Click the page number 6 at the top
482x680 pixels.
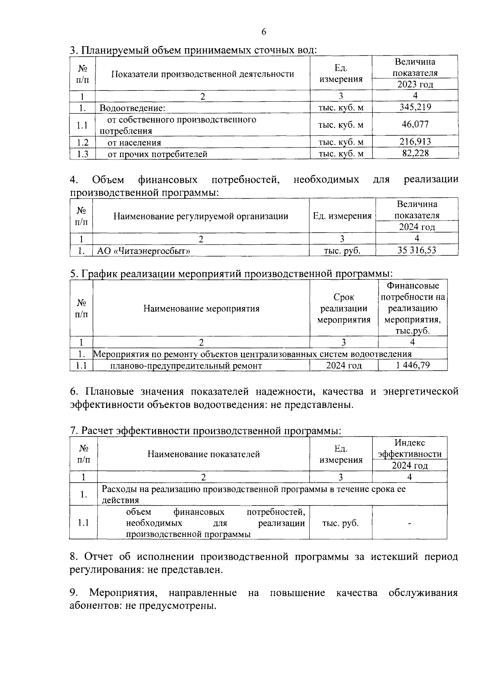point(263,32)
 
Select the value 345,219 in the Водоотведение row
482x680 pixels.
point(415,107)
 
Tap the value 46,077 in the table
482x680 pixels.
point(415,124)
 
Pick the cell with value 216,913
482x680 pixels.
point(415,141)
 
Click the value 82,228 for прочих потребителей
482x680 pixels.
point(415,153)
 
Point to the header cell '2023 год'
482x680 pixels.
point(415,84)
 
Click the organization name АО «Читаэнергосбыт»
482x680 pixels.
point(144,251)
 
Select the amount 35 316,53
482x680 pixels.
point(417,250)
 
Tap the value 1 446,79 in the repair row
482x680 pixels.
point(413,365)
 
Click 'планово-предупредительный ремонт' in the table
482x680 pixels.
point(186,366)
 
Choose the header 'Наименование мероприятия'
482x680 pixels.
point(201,309)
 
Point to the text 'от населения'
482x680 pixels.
point(135,143)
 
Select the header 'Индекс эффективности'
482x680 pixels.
point(410,449)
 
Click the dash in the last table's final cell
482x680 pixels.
point(409,523)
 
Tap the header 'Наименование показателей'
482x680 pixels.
point(204,454)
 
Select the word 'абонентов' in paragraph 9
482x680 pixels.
point(93,606)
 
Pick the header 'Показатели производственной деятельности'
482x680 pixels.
point(202,74)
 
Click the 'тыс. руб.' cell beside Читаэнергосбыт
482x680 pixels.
point(342,251)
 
